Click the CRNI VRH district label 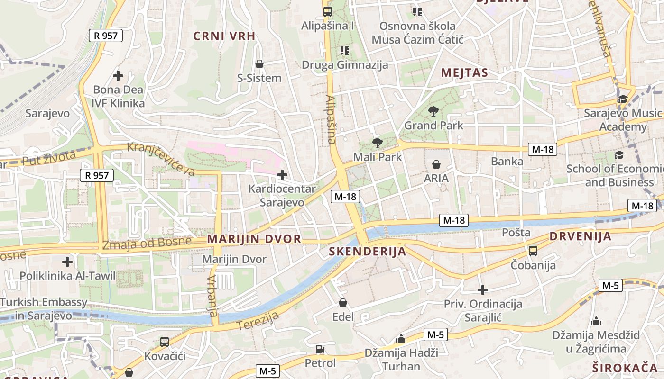coord(224,36)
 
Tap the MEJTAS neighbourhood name coord(464,72)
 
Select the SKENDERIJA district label coord(368,252)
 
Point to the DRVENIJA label coord(581,236)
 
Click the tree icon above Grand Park coord(433,112)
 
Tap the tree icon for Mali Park coord(377,143)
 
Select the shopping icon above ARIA coord(436,164)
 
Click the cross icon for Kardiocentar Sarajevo coord(282,175)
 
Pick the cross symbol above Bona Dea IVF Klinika coord(118,75)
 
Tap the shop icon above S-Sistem coord(259,64)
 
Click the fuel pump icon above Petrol coord(320,349)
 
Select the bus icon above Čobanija coord(533,251)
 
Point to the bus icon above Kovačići coord(165,342)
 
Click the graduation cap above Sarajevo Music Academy coord(622,99)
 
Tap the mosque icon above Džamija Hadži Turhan coord(401,339)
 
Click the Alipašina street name coord(331,119)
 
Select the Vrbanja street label coord(212,296)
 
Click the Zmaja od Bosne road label coord(148,243)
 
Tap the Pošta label coord(516,233)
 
